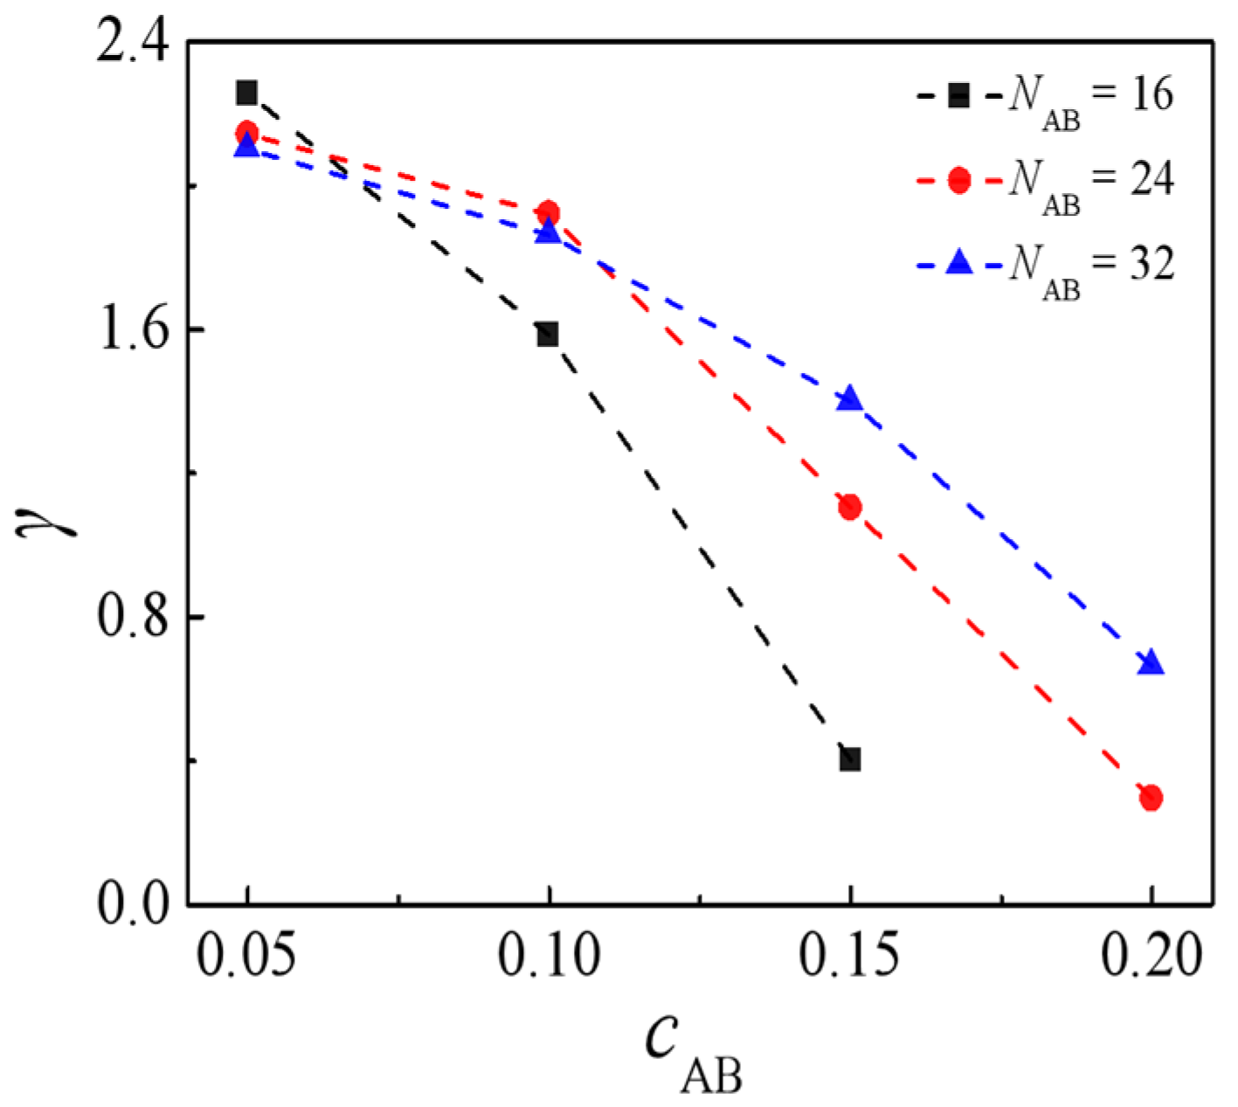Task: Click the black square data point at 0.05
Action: click(247, 92)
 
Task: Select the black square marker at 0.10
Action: click(548, 334)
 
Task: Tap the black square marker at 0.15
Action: click(849, 758)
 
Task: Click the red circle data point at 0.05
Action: click(247, 133)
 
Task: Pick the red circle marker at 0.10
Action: click(549, 212)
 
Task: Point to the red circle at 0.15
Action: click(849, 507)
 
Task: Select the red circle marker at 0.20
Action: click(1151, 797)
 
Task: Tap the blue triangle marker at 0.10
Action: click(548, 232)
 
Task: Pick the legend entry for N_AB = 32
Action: click(1045, 264)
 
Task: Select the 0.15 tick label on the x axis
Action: click(849, 957)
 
